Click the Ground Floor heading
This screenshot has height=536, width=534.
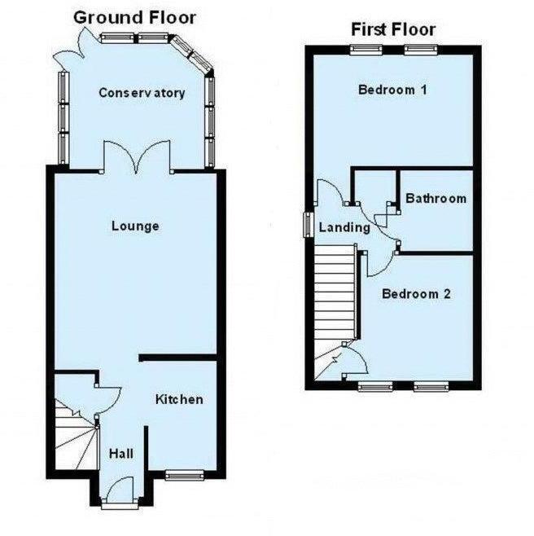[135, 16]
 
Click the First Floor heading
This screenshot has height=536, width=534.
[393, 30]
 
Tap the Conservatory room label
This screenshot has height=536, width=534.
[142, 93]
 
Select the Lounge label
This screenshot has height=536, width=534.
[135, 226]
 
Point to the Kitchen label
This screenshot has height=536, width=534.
[179, 399]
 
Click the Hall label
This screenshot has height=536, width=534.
[122, 454]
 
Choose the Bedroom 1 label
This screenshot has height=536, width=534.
[393, 90]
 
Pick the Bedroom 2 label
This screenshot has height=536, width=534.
[417, 294]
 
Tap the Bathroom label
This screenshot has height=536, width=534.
[436, 198]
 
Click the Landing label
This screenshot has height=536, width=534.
[344, 228]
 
